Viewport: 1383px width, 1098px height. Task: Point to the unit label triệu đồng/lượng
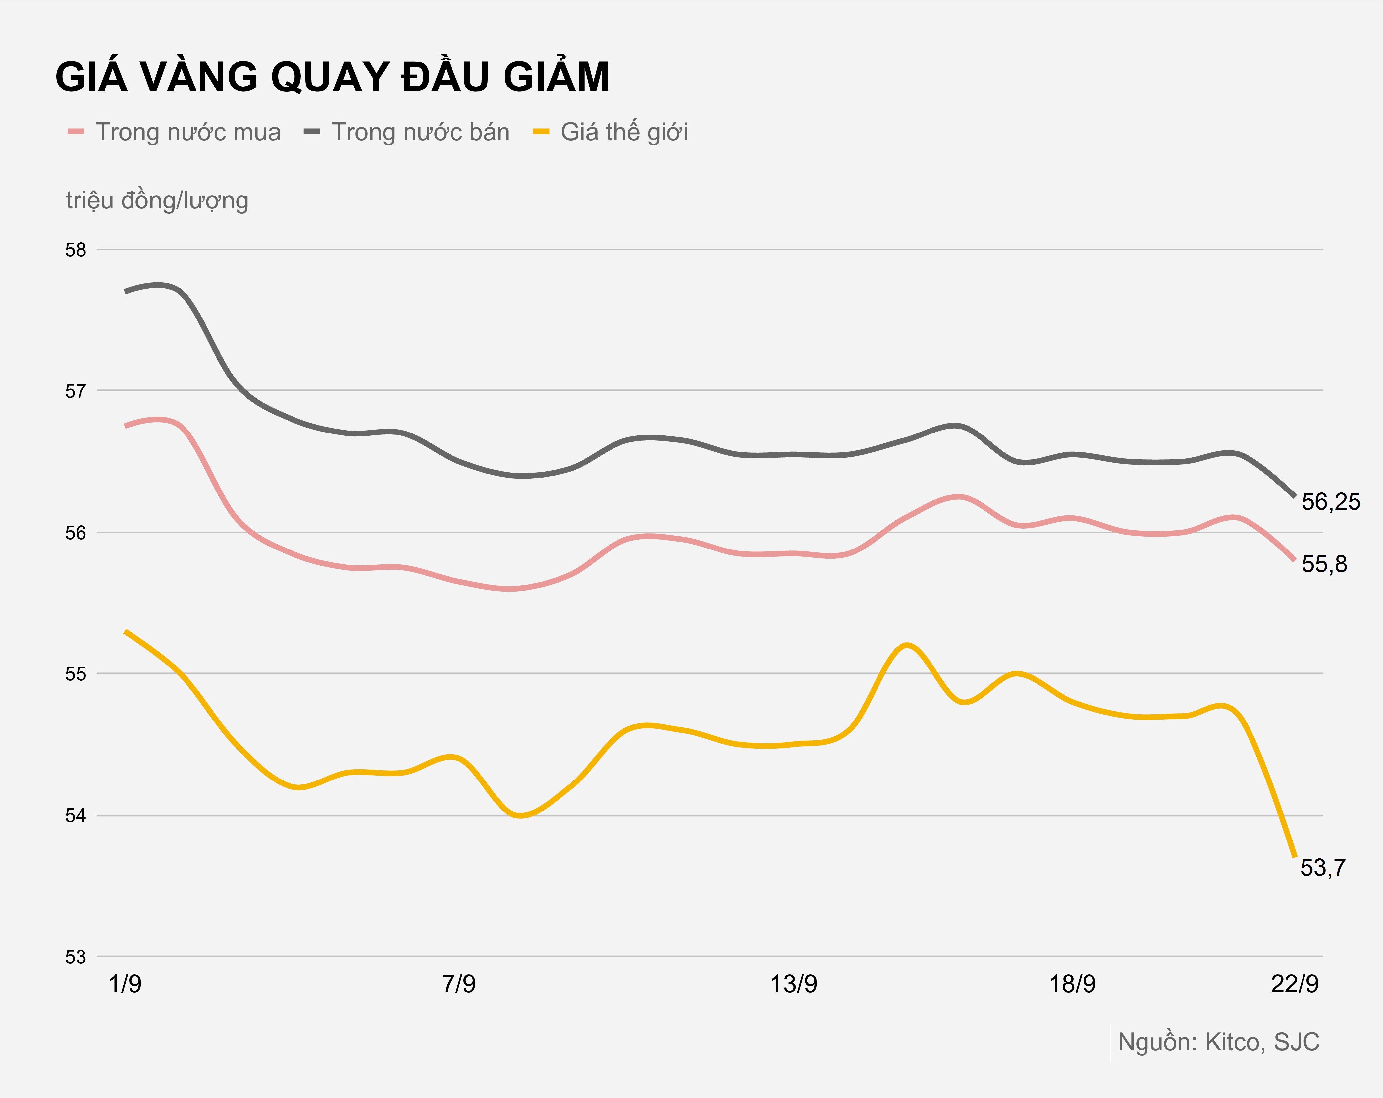(157, 200)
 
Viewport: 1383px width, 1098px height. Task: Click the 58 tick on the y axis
(76, 250)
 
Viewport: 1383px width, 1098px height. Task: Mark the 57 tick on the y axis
(76, 391)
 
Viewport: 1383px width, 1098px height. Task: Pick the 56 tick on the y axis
(76, 533)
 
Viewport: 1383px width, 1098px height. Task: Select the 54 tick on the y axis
(76, 816)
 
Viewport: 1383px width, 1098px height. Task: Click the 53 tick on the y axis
(76, 957)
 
